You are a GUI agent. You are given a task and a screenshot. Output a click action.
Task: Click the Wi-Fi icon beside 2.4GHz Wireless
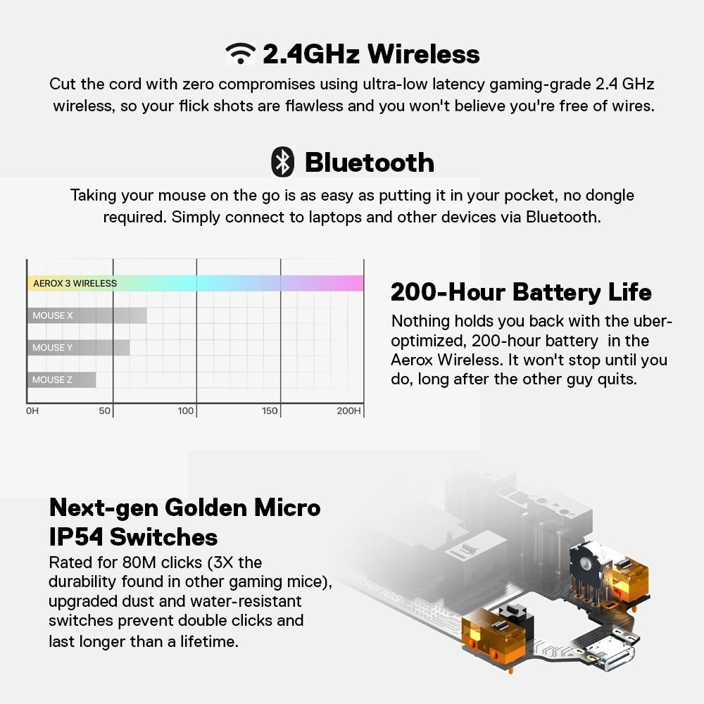(x=241, y=54)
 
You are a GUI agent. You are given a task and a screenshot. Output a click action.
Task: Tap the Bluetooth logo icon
(x=283, y=162)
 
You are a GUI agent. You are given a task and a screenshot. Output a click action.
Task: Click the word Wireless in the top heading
(x=423, y=54)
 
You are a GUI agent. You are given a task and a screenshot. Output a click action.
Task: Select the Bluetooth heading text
(x=370, y=162)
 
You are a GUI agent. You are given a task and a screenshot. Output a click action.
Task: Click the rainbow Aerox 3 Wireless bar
(x=195, y=283)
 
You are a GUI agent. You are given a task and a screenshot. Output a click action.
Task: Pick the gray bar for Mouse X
(x=87, y=315)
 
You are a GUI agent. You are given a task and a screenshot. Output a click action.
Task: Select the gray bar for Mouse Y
(x=79, y=348)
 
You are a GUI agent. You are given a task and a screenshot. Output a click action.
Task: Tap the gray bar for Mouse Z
(x=61, y=380)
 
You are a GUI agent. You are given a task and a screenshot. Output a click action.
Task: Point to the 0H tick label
(x=32, y=411)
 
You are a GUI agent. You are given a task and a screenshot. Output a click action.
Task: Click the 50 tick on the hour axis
(x=105, y=411)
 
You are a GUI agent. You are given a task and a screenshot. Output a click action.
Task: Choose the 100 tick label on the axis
(x=185, y=411)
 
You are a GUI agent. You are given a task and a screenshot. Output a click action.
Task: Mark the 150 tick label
(x=270, y=411)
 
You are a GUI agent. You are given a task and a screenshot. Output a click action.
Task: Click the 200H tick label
(x=349, y=411)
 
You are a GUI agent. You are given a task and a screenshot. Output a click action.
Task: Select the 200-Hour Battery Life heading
(x=521, y=292)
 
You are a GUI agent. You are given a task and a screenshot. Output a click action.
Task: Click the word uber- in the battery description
(x=652, y=322)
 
